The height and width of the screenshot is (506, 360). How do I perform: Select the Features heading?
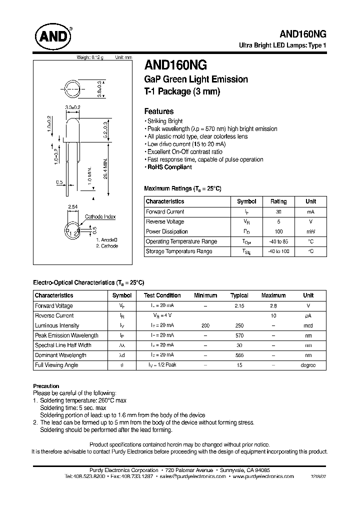[x=158, y=111]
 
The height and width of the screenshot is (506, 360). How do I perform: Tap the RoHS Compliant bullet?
[x=169, y=167]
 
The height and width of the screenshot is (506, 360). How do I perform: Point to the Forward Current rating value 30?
[x=278, y=212]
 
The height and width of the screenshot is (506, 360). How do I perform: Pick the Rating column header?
[x=278, y=201]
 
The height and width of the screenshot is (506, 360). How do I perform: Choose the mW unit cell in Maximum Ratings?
[x=310, y=231]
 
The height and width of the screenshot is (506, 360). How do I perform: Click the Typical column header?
[x=239, y=295]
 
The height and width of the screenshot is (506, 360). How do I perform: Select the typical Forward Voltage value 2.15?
[x=239, y=305]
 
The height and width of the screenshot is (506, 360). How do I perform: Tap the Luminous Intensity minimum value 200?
[x=205, y=325]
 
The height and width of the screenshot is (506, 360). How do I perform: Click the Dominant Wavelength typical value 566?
[x=239, y=355]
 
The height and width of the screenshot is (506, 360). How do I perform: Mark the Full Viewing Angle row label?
[x=56, y=365]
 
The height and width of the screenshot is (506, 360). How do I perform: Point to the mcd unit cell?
[x=308, y=325]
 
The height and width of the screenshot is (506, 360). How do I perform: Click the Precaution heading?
[x=46, y=386]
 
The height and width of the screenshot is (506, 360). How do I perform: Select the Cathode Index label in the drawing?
[x=100, y=216]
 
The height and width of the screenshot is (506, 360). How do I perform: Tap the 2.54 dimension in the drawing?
[x=72, y=206]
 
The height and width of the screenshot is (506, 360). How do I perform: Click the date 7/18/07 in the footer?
[x=318, y=477]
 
